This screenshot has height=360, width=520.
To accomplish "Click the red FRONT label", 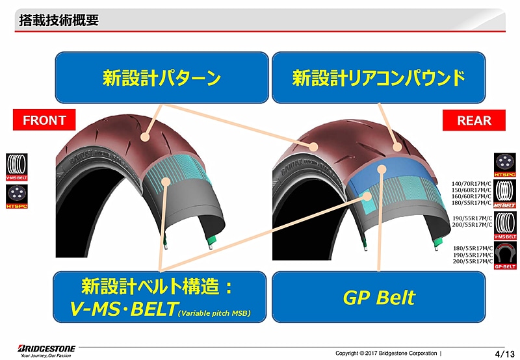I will tap(44, 120).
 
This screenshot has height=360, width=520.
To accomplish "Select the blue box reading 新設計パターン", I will tap(162, 78).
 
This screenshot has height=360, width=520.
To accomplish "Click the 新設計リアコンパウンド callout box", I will tap(378, 78).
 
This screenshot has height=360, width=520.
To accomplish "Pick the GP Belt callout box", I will tap(378, 298).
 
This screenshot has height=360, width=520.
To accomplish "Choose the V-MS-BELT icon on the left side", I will tap(16, 166).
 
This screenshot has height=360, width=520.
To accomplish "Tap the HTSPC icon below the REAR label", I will tap(505, 165).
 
